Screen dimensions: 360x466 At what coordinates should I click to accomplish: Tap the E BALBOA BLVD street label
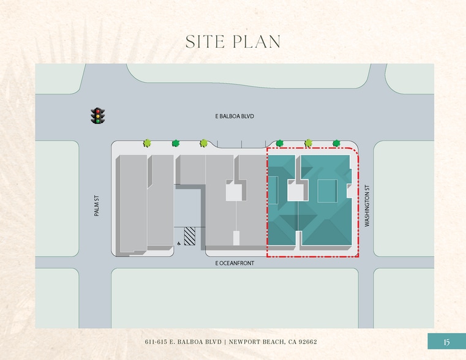[235, 116]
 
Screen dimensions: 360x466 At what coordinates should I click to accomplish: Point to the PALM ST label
[97, 206]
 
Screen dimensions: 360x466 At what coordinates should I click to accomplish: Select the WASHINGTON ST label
[367, 206]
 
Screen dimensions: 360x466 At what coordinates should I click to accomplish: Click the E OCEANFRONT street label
[235, 263]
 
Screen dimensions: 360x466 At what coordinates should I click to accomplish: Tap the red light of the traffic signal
[97, 110]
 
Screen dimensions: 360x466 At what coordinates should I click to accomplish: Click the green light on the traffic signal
[97, 121]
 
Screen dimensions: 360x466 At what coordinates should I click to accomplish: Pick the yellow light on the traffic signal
[97, 116]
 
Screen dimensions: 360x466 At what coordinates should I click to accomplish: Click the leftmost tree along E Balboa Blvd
[147, 143]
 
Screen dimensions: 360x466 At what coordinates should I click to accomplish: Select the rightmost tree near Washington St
[336, 143]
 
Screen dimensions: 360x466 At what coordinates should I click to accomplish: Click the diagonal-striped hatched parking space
[190, 236]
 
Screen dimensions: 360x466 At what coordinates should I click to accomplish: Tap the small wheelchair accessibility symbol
[178, 243]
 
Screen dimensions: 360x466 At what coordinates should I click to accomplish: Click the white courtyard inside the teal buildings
[296, 193]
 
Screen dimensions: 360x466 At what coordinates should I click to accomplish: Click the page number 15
[446, 342]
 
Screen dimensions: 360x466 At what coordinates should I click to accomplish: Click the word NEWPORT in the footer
[245, 342]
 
